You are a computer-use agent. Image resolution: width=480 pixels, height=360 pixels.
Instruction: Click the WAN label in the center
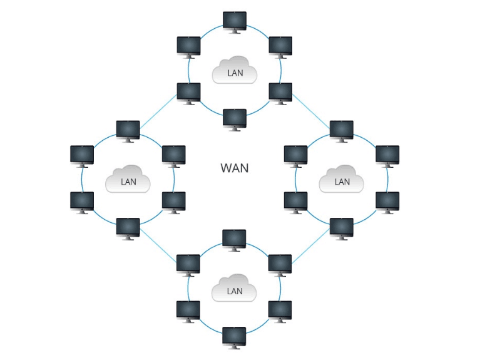click(235, 168)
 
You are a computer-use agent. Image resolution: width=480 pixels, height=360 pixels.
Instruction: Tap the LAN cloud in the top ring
click(235, 70)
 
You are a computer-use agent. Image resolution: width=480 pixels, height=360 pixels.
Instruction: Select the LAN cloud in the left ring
click(128, 179)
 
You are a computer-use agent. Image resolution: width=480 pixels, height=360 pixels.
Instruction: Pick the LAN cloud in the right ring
click(341, 179)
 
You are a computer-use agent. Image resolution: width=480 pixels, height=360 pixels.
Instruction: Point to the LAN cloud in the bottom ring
click(234, 288)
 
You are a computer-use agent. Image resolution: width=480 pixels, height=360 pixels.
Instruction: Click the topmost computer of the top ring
click(235, 23)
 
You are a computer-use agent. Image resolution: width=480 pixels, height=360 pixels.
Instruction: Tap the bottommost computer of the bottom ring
click(234, 338)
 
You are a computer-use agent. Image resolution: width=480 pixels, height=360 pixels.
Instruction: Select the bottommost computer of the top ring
click(235, 120)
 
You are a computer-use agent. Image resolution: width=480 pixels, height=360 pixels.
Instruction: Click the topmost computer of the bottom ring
click(234, 240)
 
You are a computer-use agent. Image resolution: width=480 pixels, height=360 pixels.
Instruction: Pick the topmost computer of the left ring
click(128, 131)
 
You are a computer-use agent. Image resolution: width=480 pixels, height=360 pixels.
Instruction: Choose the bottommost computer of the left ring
click(128, 229)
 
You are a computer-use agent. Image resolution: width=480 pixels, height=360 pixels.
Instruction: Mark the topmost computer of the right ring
click(342, 131)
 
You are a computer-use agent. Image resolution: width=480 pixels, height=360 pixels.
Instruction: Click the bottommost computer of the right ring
click(342, 229)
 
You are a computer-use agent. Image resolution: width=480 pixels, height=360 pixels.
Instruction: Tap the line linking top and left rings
click(158, 111)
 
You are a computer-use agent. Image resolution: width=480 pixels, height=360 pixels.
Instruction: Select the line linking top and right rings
click(311, 111)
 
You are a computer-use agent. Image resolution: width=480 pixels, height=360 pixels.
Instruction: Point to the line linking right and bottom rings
click(310, 245)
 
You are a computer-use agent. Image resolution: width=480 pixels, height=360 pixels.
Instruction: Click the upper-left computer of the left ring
click(82, 157)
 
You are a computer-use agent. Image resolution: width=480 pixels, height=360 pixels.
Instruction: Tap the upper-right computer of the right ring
click(387, 157)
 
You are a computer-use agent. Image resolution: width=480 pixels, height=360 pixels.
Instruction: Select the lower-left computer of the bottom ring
click(188, 312)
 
